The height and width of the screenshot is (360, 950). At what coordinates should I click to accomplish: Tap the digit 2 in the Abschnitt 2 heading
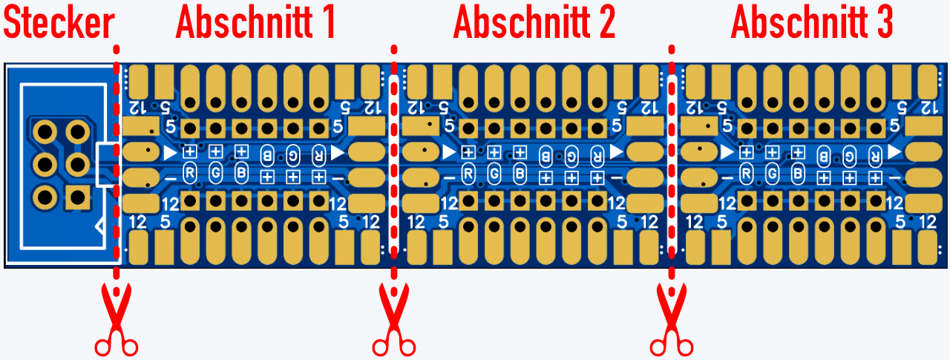coord(604,24)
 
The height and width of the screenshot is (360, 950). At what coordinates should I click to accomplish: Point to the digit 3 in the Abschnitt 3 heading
coord(882,24)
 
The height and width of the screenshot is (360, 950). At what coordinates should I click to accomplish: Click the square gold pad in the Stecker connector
coord(77,197)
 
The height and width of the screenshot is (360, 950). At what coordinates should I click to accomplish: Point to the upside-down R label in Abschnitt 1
coord(318,155)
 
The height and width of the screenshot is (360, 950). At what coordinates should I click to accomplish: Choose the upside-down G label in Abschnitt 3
coord(849,155)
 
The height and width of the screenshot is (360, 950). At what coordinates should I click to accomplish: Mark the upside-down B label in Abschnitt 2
coord(546,155)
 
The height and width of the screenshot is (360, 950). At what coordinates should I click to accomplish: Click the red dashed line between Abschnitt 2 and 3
coord(672,148)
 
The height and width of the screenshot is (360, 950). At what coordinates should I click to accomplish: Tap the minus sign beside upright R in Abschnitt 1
coord(170,178)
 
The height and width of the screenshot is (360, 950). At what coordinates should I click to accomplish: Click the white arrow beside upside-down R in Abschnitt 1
coord(338,152)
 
